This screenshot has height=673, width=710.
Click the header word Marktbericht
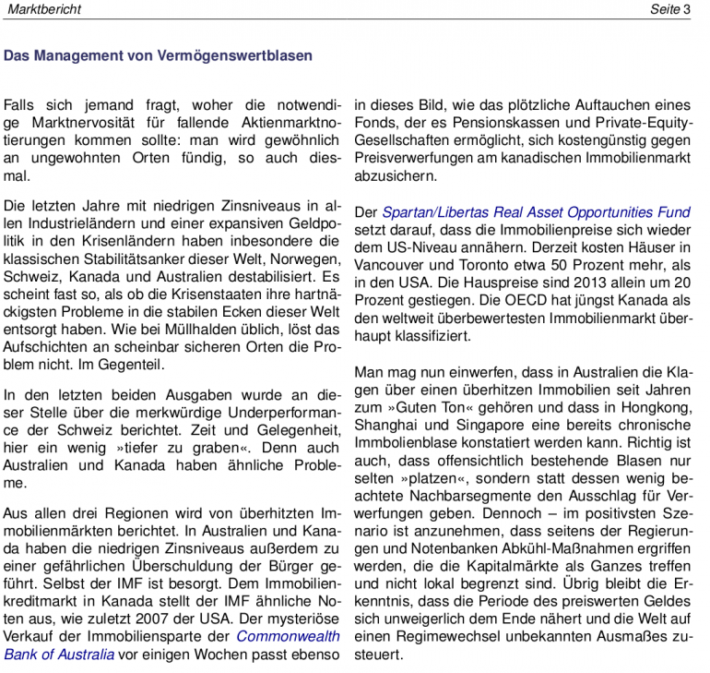pyautogui.click(x=43, y=9)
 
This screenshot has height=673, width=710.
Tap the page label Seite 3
pyautogui.click(x=670, y=9)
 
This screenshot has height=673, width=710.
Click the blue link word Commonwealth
pyautogui.click(x=289, y=636)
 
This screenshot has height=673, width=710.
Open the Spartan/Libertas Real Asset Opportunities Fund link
pyautogui.click(x=536, y=212)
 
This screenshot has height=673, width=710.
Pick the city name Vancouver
pyautogui.click(x=389, y=266)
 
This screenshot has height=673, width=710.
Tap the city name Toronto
pyautogui.click(x=479, y=266)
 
